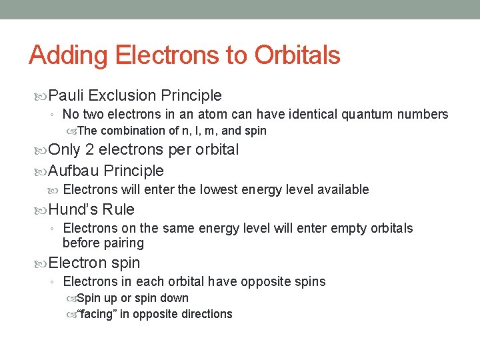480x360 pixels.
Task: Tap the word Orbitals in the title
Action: (295, 55)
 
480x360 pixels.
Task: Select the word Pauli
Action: (66, 96)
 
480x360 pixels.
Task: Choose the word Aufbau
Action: (74, 171)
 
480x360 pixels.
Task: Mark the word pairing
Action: (122, 243)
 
